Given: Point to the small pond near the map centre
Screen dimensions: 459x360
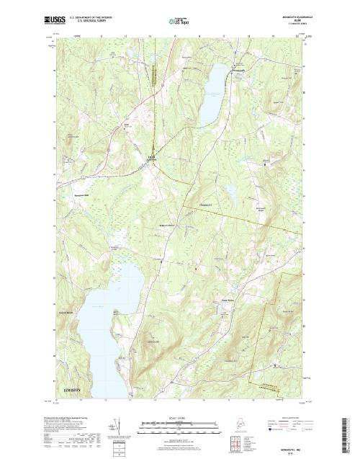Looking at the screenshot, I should tap(230, 192).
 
